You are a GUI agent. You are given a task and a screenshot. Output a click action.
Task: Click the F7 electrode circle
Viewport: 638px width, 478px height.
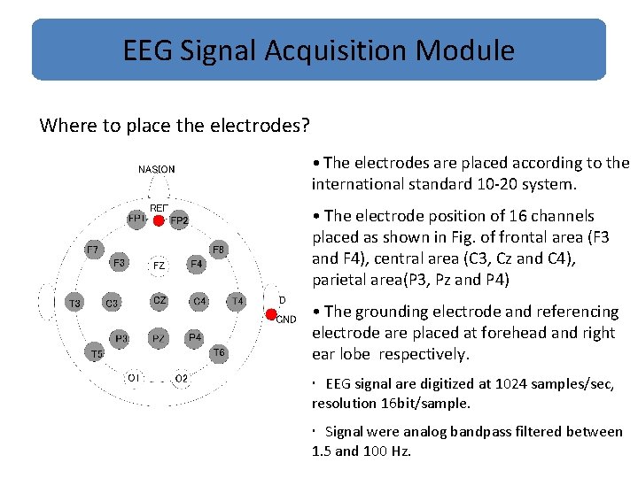92,251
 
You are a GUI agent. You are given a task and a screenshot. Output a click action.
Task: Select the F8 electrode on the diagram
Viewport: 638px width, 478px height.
219,250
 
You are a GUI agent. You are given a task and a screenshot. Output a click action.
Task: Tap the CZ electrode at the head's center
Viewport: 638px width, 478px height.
159,302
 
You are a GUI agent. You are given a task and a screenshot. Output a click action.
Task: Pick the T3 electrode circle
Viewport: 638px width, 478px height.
75,304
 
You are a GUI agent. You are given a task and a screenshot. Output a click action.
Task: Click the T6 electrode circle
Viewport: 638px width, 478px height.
218,353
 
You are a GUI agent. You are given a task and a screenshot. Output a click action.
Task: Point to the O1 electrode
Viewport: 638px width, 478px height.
133,378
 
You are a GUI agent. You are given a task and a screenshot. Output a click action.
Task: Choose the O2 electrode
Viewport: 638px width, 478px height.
181,378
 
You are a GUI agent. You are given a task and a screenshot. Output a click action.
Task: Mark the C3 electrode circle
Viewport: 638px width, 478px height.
112,304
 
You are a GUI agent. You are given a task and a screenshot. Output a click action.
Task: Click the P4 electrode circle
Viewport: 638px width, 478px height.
195,337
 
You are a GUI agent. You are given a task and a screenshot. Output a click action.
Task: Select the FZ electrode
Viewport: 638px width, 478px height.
159,265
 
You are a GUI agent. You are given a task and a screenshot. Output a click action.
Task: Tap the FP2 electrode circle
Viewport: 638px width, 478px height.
179,220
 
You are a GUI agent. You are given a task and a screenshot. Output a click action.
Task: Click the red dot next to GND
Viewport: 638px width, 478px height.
271,314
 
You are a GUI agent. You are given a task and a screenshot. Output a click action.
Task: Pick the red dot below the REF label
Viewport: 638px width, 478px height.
159,220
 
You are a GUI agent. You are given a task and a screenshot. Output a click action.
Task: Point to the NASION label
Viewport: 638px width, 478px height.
157,169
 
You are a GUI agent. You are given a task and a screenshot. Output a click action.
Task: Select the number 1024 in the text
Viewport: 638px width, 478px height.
507,385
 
